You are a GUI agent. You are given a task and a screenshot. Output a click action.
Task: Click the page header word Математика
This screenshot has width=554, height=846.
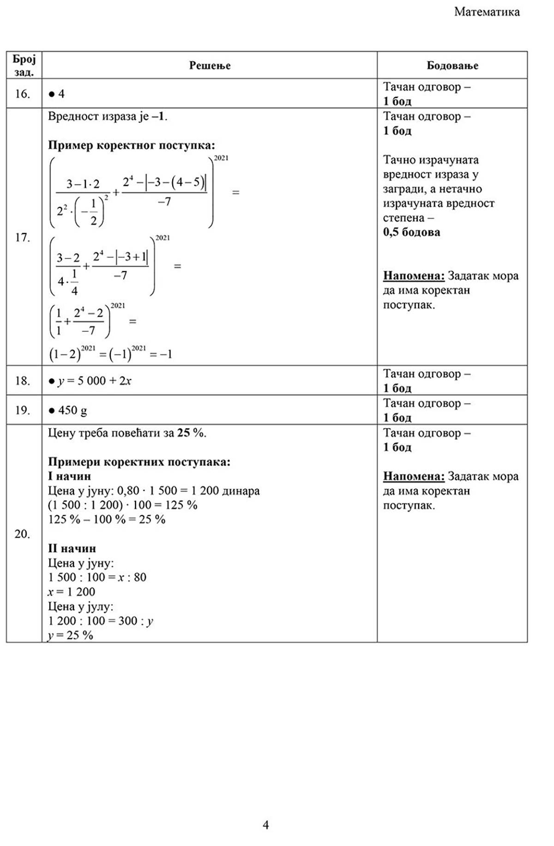[x=487, y=12]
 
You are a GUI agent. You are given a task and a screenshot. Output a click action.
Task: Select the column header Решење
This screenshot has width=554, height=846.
[x=210, y=66]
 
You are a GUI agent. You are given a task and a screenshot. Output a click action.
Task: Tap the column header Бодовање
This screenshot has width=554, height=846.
[x=452, y=66]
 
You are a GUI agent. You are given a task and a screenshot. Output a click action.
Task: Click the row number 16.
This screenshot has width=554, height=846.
[x=22, y=94]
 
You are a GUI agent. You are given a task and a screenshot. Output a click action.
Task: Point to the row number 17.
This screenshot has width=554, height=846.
[x=22, y=237]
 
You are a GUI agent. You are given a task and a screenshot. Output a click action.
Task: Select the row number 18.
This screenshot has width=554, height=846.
[x=22, y=381]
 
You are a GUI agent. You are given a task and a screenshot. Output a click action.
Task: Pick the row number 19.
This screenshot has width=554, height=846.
[x=22, y=410]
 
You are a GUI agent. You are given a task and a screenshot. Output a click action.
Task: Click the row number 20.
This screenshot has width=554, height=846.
[x=22, y=534]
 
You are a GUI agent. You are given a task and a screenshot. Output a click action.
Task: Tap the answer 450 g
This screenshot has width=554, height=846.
[x=72, y=410]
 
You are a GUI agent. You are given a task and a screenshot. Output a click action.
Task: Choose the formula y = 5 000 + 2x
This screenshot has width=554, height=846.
[x=94, y=381]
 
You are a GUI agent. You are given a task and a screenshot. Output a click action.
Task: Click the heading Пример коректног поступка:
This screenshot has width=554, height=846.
[x=132, y=145]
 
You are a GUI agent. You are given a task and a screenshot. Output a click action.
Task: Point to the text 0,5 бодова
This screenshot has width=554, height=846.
[x=411, y=232]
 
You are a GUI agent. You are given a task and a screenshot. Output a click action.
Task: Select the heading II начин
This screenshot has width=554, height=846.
[x=72, y=548]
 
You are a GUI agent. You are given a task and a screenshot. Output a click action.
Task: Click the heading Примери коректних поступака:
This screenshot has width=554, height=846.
[x=139, y=462]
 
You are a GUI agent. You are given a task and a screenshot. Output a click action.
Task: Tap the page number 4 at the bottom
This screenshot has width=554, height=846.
[x=265, y=824]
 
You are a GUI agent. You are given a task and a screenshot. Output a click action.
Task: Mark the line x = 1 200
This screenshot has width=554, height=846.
[x=72, y=592]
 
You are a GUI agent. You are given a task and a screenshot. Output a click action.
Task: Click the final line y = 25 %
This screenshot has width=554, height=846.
[x=71, y=635]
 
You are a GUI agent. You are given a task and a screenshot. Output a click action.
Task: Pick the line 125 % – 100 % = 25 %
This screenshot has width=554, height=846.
[x=107, y=519]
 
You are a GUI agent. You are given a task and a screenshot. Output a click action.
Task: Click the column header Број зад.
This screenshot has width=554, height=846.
[x=24, y=65]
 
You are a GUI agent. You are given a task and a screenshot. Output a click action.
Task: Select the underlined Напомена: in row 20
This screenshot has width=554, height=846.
[x=414, y=476]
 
